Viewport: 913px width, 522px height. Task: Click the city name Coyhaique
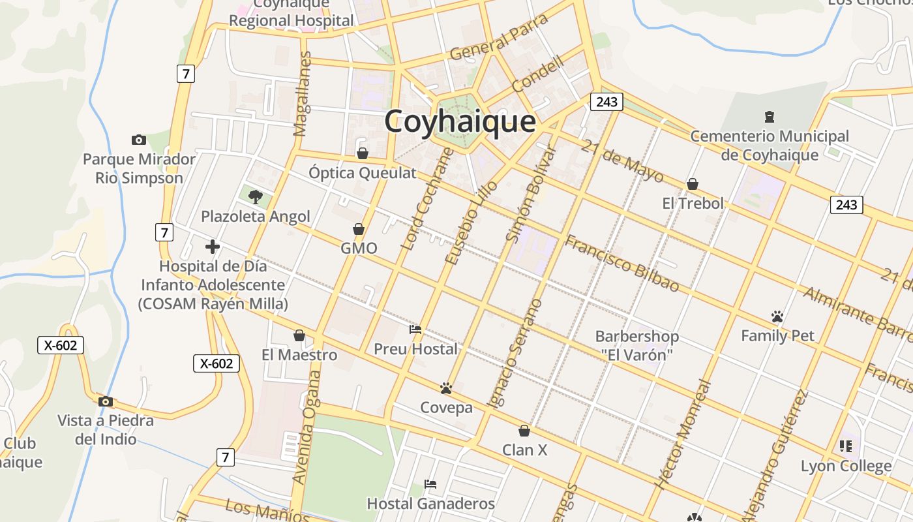tap(460, 121)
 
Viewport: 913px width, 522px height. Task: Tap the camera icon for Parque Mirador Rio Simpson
tap(138, 140)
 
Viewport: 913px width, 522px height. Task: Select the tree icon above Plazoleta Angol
tap(255, 196)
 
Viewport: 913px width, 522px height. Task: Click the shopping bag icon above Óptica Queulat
tap(363, 153)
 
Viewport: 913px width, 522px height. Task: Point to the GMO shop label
tap(359, 248)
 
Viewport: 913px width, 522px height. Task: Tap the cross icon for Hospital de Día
tap(212, 247)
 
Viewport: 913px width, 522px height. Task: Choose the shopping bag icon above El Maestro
tap(299, 335)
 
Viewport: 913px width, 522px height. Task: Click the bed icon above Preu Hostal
tap(415, 330)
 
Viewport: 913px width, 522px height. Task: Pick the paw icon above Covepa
tap(446, 389)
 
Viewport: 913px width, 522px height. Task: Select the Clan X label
tap(524, 450)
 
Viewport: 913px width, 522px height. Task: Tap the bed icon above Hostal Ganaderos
tap(430, 484)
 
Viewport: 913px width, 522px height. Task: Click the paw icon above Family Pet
tap(777, 316)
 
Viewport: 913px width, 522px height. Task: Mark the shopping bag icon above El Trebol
tap(693, 184)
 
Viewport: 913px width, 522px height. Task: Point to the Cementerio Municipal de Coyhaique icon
tap(770, 117)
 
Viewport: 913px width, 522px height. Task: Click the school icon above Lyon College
tap(846, 446)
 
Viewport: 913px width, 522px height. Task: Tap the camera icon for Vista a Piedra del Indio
tap(106, 401)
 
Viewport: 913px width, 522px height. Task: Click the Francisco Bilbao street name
tap(621, 264)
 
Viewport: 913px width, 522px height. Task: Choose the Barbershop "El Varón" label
tap(636, 346)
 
